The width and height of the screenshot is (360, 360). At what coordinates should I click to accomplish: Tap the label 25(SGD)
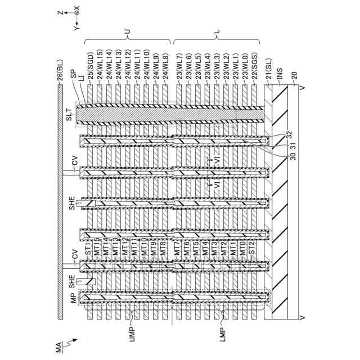click(90, 65)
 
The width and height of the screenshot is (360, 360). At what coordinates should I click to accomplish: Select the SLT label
click(67, 117)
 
